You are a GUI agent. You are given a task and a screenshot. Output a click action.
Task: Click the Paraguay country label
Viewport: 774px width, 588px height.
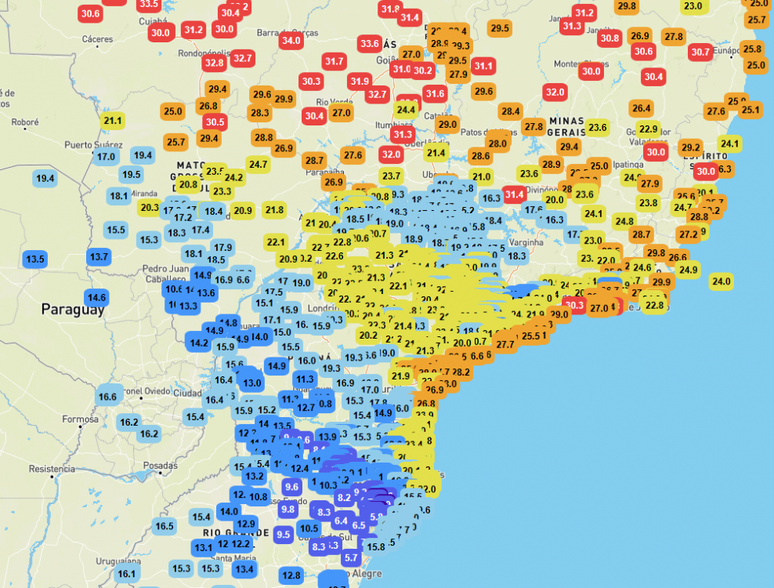point(72,309)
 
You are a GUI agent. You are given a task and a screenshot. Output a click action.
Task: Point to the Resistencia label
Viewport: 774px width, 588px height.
point(52,469)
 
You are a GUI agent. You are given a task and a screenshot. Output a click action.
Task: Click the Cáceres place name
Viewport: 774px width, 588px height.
point(97,39)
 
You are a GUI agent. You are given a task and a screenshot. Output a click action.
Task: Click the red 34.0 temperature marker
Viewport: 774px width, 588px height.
point(291,40)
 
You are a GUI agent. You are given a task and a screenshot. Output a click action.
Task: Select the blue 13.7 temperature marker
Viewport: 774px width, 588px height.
point(99,256)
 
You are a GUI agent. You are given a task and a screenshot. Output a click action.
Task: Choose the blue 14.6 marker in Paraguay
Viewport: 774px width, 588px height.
point(96,297)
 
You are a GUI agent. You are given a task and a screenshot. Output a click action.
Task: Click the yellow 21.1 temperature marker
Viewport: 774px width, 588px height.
point(113,120)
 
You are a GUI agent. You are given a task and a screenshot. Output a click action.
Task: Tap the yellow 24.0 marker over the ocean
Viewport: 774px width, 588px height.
point(721,281)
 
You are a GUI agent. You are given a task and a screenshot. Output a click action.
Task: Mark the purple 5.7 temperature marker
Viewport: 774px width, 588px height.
point(351,558)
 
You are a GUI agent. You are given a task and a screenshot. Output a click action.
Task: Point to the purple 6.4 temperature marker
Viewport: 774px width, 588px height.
point(341,521)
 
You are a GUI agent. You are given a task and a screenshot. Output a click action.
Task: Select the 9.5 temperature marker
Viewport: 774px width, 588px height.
point(284,533)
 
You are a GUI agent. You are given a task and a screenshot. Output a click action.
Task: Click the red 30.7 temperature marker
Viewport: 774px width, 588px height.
point(700,53)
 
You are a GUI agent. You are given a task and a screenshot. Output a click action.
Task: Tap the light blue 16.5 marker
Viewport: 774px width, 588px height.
point(165,526)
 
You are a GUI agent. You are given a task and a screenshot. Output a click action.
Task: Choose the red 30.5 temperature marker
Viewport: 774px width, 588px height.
point(215,122)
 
